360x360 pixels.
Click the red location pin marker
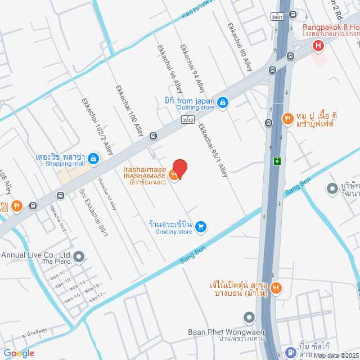coord(179,168)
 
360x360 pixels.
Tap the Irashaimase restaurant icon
coord(174,175)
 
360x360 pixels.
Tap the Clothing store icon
coord(223,102)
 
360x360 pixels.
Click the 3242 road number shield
coord(187,120)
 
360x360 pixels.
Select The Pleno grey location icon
coord(79,258)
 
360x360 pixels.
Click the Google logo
coord(19,353)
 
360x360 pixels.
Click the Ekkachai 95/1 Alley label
coord(213,150)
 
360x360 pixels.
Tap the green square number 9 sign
coord(277,161)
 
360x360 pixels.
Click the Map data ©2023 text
coord(336,355)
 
